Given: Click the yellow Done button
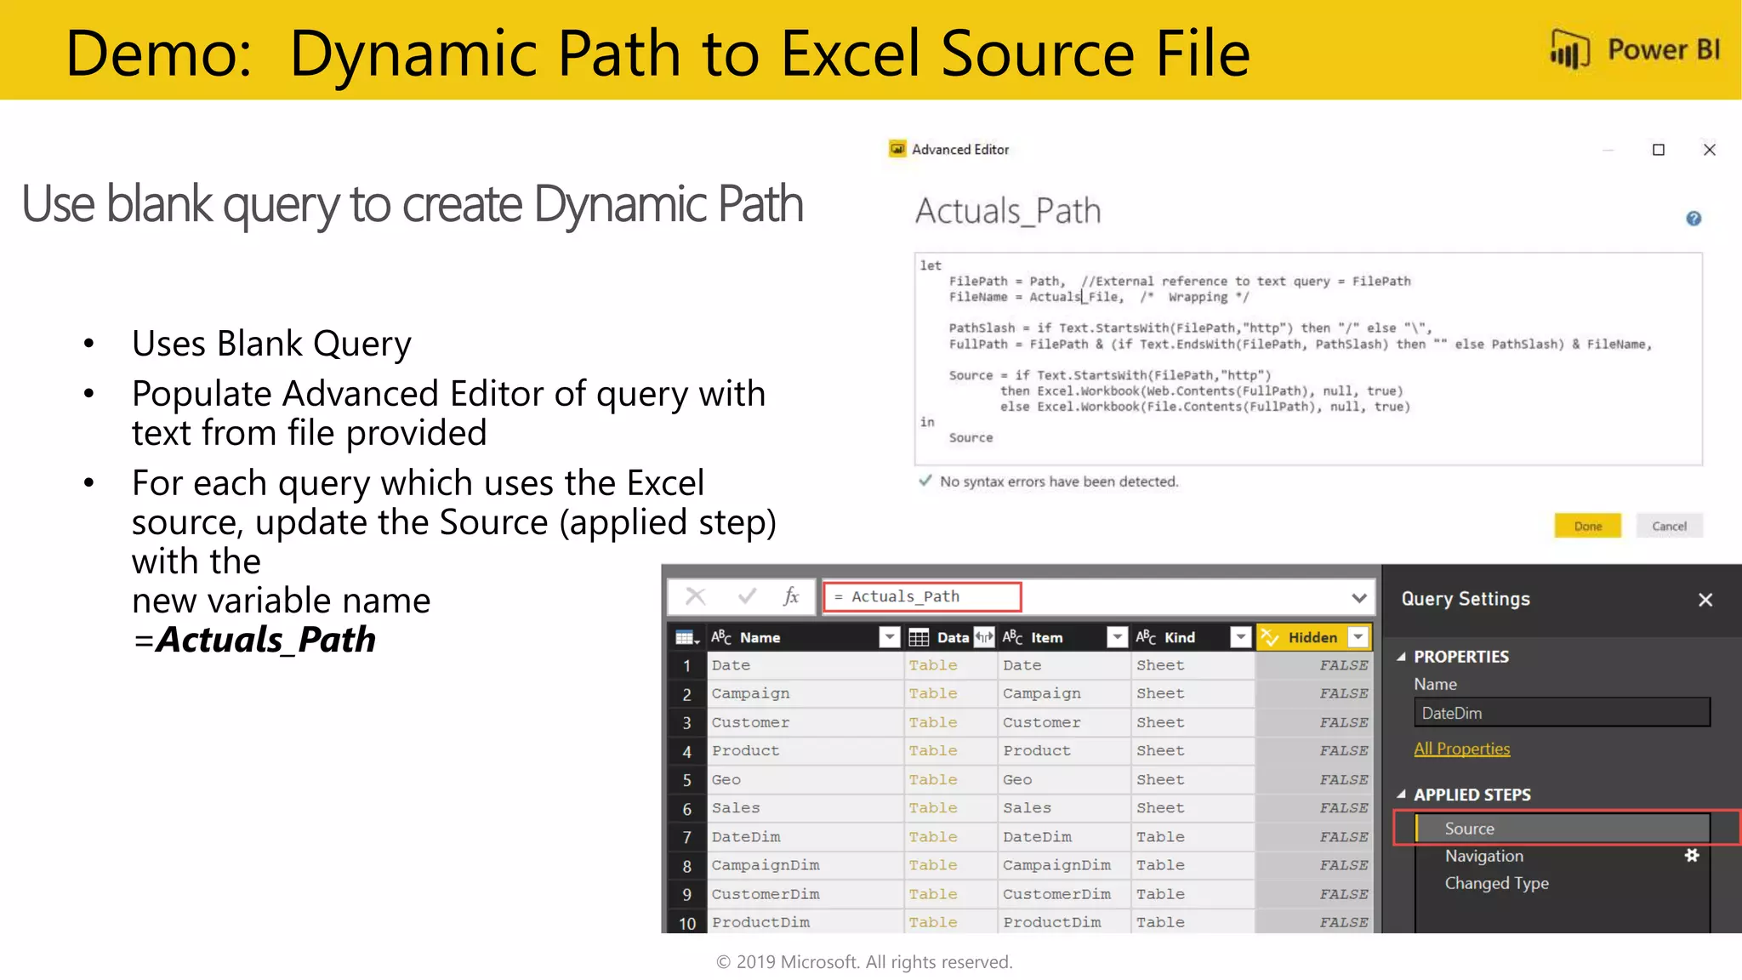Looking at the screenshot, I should pos(1587,526).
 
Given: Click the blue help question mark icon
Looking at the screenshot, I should pos(1694,219).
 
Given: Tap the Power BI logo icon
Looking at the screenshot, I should pos(1569,49).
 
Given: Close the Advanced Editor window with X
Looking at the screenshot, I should pos(1710,150).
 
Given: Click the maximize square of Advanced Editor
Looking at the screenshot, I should pos(1659,150).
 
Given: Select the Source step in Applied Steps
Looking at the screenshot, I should pos(1469,829).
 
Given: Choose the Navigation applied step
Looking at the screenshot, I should pos(1483,856).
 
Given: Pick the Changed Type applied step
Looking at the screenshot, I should pos(1496,883).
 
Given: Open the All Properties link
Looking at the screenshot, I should pos(1461,749).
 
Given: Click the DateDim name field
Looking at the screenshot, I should pos(1561,713).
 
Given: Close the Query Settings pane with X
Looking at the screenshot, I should pos(1705,600).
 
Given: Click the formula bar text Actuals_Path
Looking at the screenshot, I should pos(905,596).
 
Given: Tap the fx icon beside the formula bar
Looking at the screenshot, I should pos(791,596).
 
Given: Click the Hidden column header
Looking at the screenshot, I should pos(1312,637).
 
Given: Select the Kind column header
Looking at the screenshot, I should pos(1179,637).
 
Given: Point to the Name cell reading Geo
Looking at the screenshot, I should pos(726,779).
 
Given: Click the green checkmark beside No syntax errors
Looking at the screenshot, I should pos(925,481).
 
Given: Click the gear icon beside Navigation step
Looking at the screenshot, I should pos(1692,856).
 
